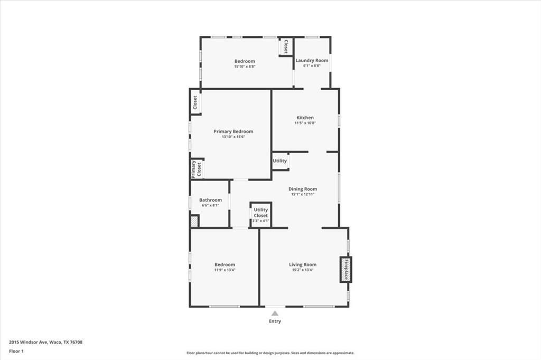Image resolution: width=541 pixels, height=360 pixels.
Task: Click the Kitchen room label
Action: [x=305, y=118]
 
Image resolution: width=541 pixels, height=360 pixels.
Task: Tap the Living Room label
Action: [x=303, y=264]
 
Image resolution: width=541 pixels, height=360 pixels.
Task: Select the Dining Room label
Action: [x=303, y=189]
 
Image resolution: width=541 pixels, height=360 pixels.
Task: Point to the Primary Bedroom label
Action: [x=233, y=131]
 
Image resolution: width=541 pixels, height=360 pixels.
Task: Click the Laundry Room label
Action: [x=312, y=61]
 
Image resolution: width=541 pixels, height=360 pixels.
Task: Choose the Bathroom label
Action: [x=210, y=200]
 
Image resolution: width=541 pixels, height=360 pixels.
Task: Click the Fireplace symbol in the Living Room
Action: [x=346, y=269]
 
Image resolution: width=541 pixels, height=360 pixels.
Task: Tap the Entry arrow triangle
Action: [x=275, y=313]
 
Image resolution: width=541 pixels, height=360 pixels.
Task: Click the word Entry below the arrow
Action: [x=275, y=321]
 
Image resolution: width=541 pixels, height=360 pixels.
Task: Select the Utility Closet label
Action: [x=261, y=212]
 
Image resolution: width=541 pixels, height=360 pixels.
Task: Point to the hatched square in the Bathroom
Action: [x=194, y=221]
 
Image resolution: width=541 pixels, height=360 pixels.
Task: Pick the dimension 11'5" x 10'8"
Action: [x=305, y=123]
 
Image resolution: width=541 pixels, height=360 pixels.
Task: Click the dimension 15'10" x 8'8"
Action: [x=245, y=67]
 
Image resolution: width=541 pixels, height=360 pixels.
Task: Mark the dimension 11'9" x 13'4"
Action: [x=225, y=270]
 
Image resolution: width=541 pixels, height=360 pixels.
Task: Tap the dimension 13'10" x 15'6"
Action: [x=233, y=137]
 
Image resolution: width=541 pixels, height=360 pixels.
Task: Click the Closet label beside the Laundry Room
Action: [x=286, y=46]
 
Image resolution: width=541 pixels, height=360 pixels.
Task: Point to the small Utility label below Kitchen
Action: [x=280, y=161]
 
